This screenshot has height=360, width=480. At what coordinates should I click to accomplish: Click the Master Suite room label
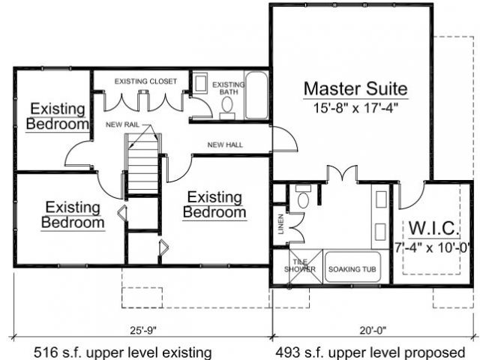click(x=355, y=88)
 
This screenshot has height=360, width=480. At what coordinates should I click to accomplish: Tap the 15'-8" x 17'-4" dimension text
click(x=355, y=108)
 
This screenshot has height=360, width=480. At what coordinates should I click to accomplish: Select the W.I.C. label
click(x=434, y=228)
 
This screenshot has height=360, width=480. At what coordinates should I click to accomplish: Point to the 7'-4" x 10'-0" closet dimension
click(x=432, y=247)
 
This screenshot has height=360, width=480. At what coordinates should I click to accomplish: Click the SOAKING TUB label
click(x=352, y=269)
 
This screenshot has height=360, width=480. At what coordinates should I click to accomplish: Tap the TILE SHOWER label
click(x=300, y=265)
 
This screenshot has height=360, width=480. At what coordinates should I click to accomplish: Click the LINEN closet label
click(x=280, y=224)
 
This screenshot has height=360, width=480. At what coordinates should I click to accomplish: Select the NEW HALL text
click(x=225, y=145)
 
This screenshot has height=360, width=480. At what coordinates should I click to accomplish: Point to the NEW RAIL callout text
click(x=122, y=124)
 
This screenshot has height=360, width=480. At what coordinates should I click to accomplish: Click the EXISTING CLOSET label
click(x=145, y=82)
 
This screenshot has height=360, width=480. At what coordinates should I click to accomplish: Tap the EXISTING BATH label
click(x=229, y=88)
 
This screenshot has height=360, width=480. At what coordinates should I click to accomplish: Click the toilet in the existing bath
click(x=227, y=108)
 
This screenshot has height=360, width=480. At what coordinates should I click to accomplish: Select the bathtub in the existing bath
click(x=256, y=95)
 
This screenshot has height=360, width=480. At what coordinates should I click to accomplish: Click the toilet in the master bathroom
click(x=303, y=196)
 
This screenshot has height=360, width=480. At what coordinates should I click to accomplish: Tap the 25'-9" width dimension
click(x=143, y=330)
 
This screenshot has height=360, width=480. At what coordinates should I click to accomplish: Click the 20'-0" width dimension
click(x=373, y=330)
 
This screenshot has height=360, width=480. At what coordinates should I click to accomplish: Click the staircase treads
click(x=142, y=166)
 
